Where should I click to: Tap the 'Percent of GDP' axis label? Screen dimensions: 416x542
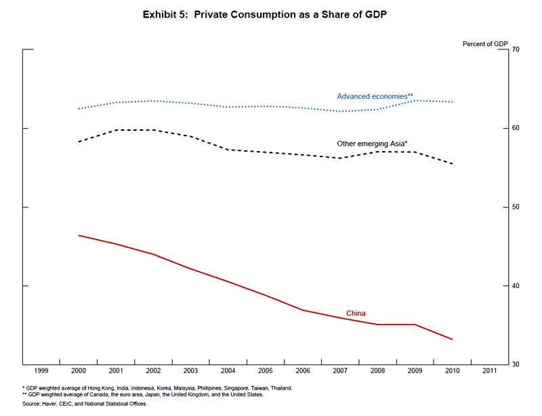pos(484,44)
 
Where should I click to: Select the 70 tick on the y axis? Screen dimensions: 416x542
pos(516,49)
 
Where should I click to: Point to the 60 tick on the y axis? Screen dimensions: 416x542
pos(516,128)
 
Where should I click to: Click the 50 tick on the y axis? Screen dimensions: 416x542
pos(516,207)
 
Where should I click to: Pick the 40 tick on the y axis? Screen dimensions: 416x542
pos(516,286)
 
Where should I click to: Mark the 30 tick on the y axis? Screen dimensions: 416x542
pos(516,365)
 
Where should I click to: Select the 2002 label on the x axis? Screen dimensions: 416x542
pos(154,371)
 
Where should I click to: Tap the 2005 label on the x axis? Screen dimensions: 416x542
pos(266,371)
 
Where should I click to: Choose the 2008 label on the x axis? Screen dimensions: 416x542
pos(377,371)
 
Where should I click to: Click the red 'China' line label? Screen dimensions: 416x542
pos(356,313)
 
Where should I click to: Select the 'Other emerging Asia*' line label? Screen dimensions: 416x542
pos(372,144)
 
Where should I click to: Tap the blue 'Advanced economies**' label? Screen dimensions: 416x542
pos(375,96)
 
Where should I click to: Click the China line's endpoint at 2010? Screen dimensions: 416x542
pos(452,339)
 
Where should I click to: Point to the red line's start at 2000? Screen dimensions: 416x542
pos(79,235)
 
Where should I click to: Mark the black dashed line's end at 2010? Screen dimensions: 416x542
pos(452,164)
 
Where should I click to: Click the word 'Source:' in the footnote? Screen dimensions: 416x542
pos(32,404)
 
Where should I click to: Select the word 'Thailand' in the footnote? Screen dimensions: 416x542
pos(278,388)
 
